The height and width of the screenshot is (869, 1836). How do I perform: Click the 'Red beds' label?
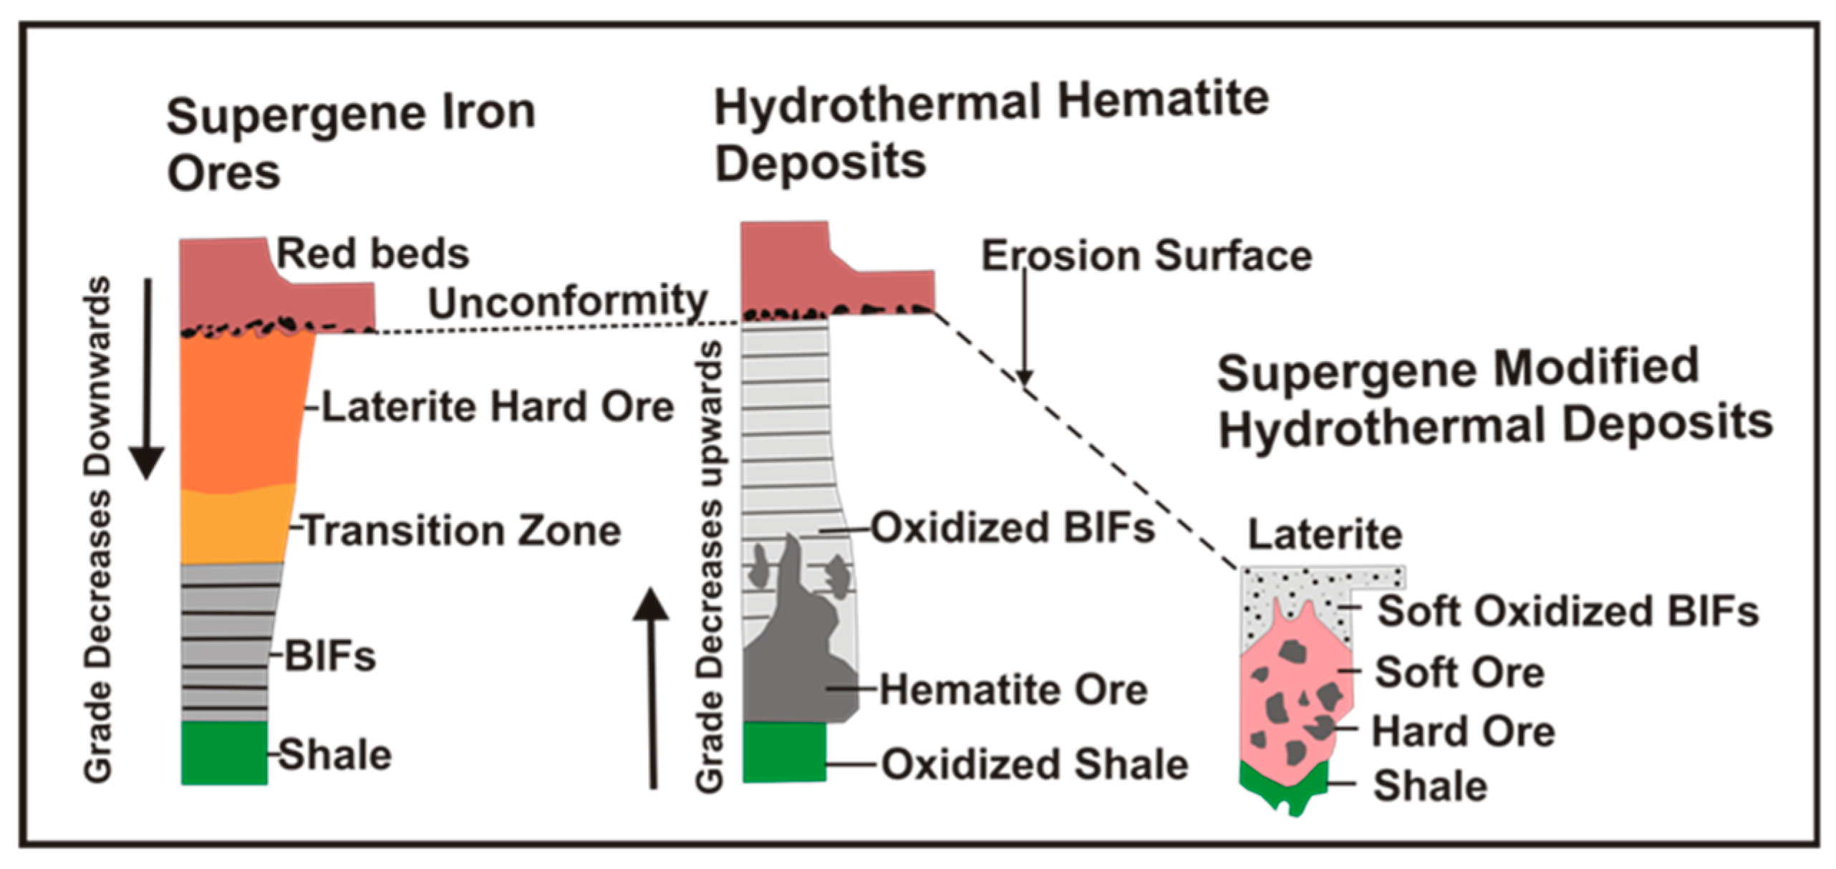372,254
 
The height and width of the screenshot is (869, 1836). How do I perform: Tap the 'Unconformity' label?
567,301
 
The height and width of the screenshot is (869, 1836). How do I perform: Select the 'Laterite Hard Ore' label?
497,407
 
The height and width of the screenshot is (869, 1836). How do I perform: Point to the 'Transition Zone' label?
462,531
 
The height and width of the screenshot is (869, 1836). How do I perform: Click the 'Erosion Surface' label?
1146,256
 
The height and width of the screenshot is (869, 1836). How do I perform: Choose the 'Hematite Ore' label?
1013,690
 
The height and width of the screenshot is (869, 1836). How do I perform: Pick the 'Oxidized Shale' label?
1035,764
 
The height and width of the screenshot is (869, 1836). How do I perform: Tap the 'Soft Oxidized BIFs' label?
1567,611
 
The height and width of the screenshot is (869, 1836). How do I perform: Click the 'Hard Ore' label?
1463,731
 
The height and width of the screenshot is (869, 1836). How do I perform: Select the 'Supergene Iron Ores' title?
350,143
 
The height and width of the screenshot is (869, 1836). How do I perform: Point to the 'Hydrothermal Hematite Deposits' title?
992,133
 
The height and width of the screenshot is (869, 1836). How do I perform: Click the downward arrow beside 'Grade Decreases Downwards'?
148,380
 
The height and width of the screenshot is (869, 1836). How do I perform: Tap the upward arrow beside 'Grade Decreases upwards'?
652,688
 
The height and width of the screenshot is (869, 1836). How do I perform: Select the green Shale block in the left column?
224,753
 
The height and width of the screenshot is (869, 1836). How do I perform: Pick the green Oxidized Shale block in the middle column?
783,752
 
